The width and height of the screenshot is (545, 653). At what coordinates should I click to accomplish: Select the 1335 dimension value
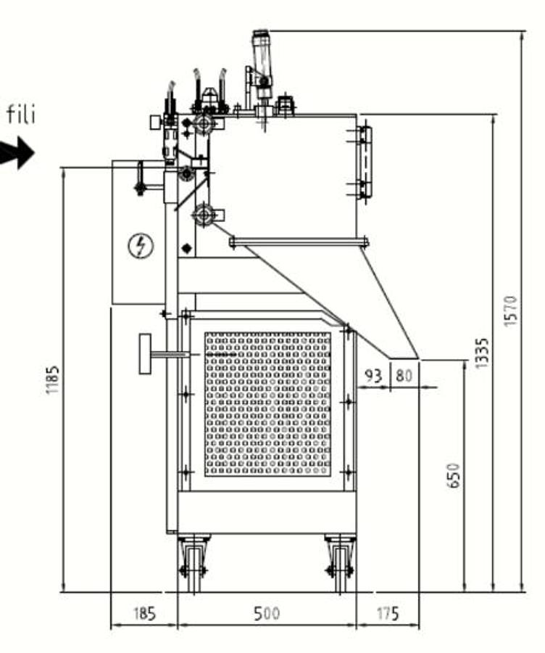pyautogui.click(x=483, y=353)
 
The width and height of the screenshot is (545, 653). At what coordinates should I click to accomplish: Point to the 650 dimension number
pyautogui.click(x=454, y=475)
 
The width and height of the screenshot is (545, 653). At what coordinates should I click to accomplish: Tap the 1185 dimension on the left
pyautogui.click(x=52, y=379)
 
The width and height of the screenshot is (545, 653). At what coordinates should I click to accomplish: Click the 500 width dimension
pyautogui.click(x=267, y=615)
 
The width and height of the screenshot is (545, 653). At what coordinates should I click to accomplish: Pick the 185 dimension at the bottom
pyautogui.click(x=143, y=615)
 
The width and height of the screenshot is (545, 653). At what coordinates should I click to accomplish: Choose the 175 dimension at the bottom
pyautogui.click(x=387, y=615)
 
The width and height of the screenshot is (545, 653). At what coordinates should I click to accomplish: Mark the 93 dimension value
pyautogui.click(x=373, y=376)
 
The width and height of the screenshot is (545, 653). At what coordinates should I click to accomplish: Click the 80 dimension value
pyautogui.click(x=404, y=376)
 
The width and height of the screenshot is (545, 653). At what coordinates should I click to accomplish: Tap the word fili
pyautogui.click(x=21, y=114)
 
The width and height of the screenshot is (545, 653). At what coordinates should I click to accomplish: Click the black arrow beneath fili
pyautogui.click(x=17, y=153)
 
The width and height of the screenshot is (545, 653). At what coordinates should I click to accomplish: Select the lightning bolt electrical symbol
pyautogui.click(x=141, y=247)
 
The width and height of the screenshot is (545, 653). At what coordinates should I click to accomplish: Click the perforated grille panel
pyautogui.click(x=267, y=404)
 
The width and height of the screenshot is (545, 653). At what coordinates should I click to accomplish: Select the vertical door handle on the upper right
pyautogui.click(x=365, y=161)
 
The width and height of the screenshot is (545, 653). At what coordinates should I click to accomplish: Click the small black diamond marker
pyautogui.click(x=187, y=249)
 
